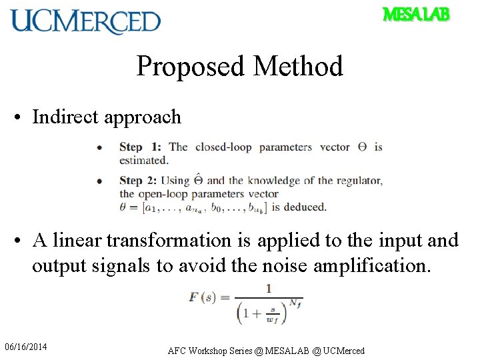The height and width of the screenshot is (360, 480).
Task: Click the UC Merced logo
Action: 85,21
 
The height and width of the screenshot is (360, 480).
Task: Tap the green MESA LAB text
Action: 416,14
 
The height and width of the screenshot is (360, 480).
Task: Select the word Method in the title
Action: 298,67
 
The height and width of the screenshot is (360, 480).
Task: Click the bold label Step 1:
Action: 140,147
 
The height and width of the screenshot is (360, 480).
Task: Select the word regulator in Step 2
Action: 359,180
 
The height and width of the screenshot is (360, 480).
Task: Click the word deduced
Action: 305,207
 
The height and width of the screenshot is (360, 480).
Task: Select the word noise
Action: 277,265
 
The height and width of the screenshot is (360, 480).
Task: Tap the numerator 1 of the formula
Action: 269,288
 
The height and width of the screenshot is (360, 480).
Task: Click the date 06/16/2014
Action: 26,347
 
